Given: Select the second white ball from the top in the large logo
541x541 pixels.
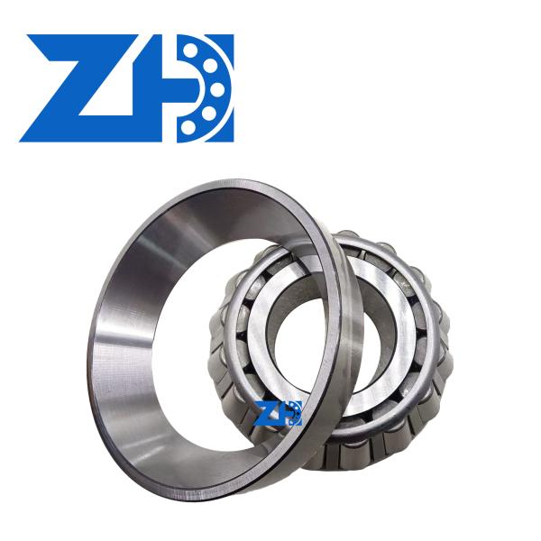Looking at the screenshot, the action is (209, 66).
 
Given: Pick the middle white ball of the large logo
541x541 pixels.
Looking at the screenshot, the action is (217, 88).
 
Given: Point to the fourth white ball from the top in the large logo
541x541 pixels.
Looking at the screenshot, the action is (209, 111).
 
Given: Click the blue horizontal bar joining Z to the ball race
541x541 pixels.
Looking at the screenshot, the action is (172, 88).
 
